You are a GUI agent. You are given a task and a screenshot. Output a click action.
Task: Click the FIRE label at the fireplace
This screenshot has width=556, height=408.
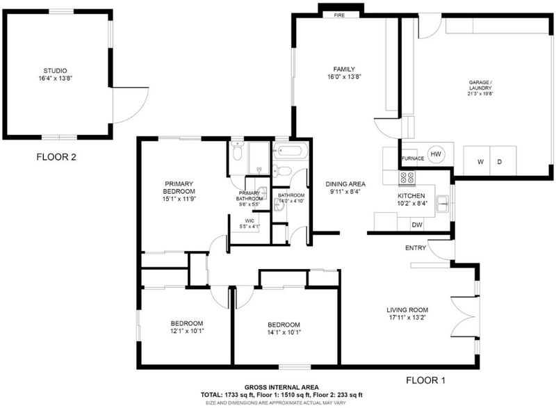click(339, 15)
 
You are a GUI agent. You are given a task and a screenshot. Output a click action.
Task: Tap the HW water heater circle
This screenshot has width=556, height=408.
click(436, 154)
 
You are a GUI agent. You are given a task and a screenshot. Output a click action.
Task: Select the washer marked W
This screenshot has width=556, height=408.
click(477, 161)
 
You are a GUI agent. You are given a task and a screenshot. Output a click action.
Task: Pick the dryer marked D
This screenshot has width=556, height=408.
click(503, 161)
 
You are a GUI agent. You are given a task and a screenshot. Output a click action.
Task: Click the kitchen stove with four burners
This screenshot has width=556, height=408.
click(407, 178)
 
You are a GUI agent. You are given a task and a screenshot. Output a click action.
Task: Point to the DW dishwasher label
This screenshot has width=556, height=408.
click(417, 225)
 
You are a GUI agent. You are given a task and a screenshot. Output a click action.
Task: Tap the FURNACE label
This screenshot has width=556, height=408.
click(413, 158)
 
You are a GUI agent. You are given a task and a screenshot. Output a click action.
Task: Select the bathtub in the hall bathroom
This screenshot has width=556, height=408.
click(289, 152)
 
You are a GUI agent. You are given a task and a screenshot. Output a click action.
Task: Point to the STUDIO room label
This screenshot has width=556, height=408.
click(56, 70)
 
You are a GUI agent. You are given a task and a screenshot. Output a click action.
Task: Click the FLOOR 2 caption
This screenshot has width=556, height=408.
click(56, 156)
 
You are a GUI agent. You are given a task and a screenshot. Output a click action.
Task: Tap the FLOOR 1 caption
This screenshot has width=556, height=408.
click(425, 380)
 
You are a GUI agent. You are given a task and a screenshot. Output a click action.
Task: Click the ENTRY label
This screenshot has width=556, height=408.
click(416, 247)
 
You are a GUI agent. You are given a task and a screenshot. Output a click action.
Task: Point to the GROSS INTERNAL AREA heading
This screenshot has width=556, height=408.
click(281, 387)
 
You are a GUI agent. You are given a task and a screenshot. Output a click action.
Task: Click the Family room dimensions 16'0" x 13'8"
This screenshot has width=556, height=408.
click(344, 76)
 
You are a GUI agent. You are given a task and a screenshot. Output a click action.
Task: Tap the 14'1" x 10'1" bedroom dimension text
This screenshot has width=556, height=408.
click(284, 332)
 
